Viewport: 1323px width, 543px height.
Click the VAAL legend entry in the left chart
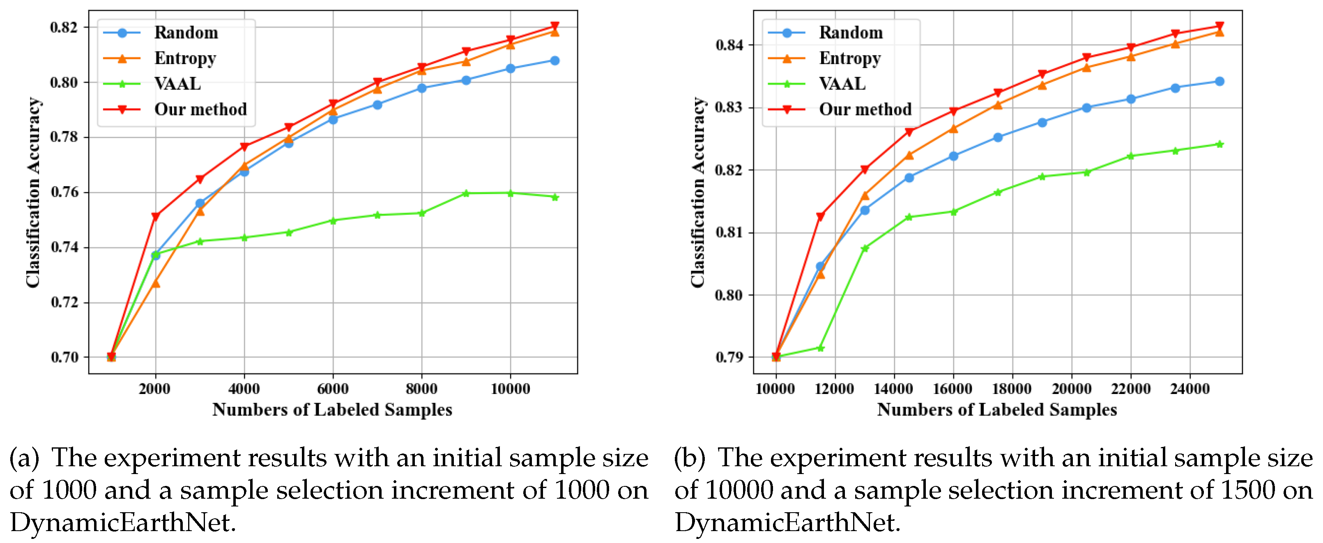[x=177, y=84]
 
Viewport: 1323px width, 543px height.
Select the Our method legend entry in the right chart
[x=865, y=109]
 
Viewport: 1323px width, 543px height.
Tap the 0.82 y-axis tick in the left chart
[x=64, y=27]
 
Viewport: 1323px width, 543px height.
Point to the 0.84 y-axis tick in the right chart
[x=729, y=45]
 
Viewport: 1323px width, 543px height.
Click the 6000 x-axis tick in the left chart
[x=332, y=389]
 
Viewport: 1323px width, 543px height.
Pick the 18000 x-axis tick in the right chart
[x=1011, y=389]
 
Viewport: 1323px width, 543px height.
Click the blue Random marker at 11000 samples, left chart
[x=555, y=61]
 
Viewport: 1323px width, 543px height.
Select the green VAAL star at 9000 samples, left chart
[x=466, y=193]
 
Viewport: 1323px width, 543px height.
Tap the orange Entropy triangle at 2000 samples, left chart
[x=156, y=283]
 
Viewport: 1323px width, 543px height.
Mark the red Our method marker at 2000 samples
[x=156, y=217]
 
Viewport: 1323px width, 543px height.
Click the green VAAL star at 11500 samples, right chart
[x=820, y=348]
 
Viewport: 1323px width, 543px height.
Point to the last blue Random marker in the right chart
[x=1219, y=82]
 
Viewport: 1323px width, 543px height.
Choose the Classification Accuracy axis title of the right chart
[x=697, y=192]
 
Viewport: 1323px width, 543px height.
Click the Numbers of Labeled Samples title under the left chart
[x=332, y=410]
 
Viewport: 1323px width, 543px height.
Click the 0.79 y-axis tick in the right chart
[x=729, y=357]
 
